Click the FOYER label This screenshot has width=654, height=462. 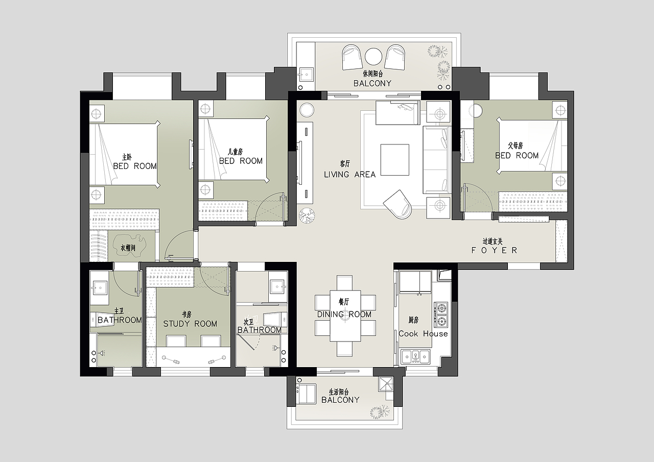pos(494,250)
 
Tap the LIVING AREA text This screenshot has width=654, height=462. pos(350,175)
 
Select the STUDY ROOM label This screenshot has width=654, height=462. pos(190,324)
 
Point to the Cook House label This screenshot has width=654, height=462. pos(423,334)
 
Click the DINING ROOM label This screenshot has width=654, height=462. pos(344,314)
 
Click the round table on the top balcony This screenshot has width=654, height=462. pos(373,57)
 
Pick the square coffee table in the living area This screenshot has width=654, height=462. pos(395,160)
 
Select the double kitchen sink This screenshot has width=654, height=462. pos(415,356)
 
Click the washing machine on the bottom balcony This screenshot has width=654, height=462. pos(306,394)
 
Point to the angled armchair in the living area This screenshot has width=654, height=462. pos(398,204)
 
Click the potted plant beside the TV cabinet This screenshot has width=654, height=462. pos(307,215)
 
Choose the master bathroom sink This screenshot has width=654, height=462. pos(100,287)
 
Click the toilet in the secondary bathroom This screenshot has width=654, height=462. pos(273,319)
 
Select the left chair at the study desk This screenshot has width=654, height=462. pos(176,341)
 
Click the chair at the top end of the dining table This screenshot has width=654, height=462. pos(344,282)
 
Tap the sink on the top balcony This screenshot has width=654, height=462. pos(306,75)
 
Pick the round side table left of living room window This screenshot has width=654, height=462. pos(307,110)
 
